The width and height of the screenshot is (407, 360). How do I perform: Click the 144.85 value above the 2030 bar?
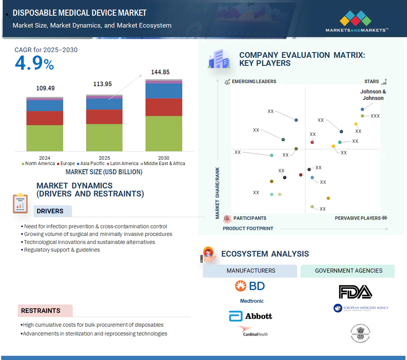160,72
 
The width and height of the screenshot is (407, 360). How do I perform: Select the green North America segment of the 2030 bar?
163,133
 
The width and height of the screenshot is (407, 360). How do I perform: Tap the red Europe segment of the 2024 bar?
45,118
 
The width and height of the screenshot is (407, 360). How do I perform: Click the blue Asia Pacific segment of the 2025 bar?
104,104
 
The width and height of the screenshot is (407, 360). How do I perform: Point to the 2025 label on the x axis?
104,158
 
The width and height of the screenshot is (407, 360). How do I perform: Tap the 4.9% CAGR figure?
34,64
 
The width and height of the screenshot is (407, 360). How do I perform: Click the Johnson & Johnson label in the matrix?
373,95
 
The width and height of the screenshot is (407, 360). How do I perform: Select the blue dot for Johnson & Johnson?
362,110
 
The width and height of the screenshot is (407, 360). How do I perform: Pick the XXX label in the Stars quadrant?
375,116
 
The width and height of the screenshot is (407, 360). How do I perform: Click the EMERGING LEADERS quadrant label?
253,82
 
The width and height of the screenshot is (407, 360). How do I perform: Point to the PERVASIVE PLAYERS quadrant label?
358,218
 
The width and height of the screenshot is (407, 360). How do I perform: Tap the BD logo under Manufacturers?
250,286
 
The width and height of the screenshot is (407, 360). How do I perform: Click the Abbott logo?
250,316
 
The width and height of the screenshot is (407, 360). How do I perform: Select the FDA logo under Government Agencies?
355,292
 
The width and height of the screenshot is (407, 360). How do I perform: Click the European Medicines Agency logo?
361,308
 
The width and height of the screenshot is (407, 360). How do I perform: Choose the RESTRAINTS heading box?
45,311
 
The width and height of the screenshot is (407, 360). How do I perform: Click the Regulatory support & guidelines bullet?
62,250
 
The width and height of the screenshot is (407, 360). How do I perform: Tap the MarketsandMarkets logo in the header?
356,21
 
